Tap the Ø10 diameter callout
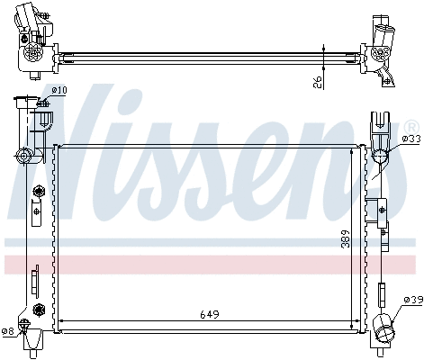(x=59, y=90)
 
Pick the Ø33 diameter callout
(x=410, y=138)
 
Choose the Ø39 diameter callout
(x=412, y=300)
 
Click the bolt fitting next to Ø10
(x=41, y=105)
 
